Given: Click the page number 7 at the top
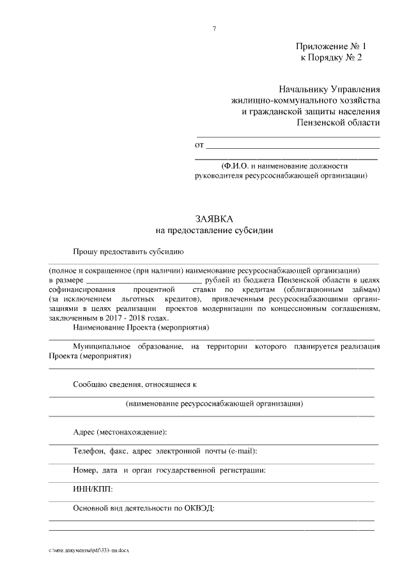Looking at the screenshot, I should (x=215, y=28).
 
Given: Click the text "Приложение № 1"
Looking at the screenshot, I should (x=331, y=47).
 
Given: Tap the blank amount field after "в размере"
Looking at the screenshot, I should (x=144, y=280).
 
